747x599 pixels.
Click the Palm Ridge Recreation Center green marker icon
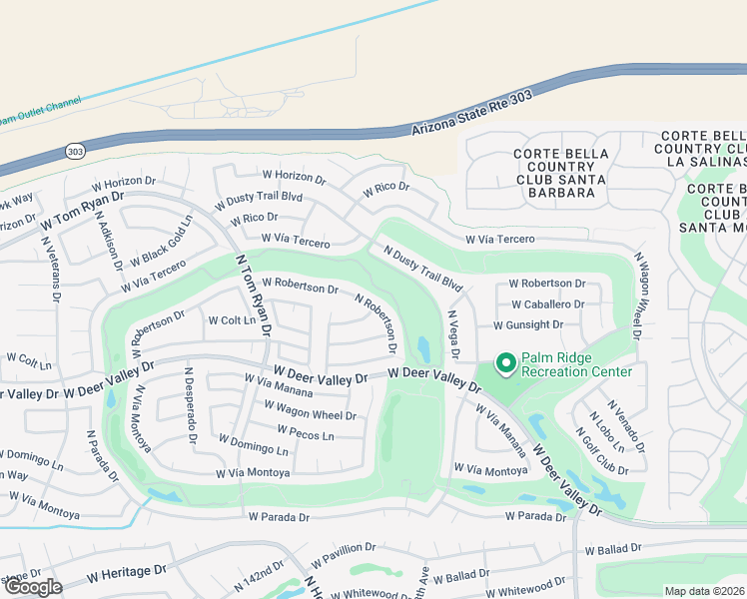tap(505, 363)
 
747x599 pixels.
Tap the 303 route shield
tap(75, 151)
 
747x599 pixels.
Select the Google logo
tap(33, 587)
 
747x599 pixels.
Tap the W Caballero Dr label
tap(548, 303)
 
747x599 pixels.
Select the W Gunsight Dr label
tap(528, 324)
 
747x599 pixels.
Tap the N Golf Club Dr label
tap(601, 451)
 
